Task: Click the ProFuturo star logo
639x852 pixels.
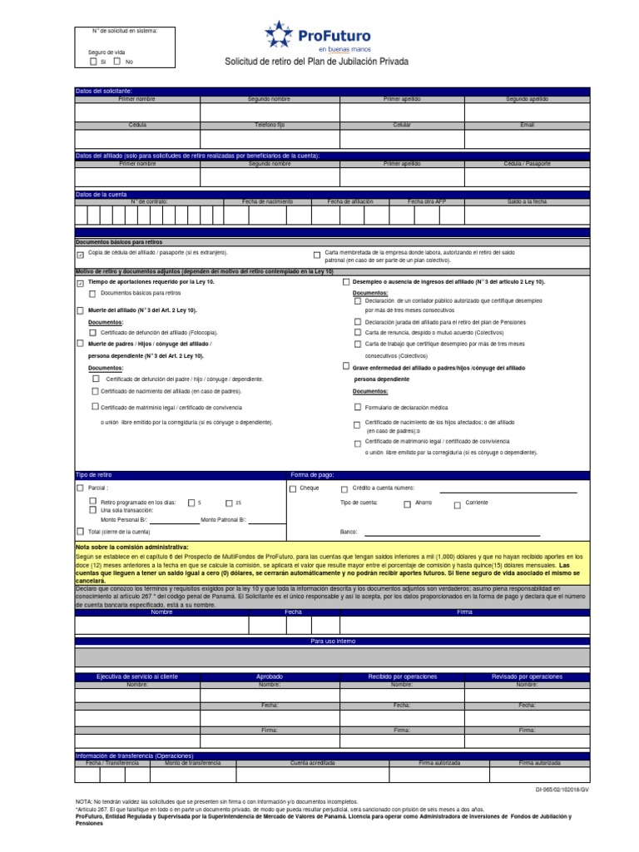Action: pyautogui.click(x=280, y=35)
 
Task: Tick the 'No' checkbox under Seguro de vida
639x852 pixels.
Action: pyautogui.click(x=117, y=61)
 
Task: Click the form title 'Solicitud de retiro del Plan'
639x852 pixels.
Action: pyautogui.click(x=317, y=62)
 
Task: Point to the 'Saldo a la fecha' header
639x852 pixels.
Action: pyautogui.click(x=528, y=201)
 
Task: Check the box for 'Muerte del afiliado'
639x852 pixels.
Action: pyautogui.click(x=80, y=310)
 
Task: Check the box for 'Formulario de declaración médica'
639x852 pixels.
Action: pyautogui.click(x=358, y=408)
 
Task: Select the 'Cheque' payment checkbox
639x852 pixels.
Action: pyautogui.click(x=293, y=488)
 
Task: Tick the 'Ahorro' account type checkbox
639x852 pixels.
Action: pyautogui.click(x=407, y=503)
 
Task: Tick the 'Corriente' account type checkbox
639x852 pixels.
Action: pyautogui.click(x=457, y=503)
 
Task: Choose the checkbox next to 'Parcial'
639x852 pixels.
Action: pyautogui.click(x=80, y=488)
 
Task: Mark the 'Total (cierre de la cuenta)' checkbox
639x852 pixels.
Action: pyautogui.click(x=80, y=531)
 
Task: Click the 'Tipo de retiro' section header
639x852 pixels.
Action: pyautogui.click(x=92, y=474)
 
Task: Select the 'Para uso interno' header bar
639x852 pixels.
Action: pyautogui.click(x=332, y=641)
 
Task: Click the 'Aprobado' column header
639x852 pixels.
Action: pyautogui.click(x=270, y=676)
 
